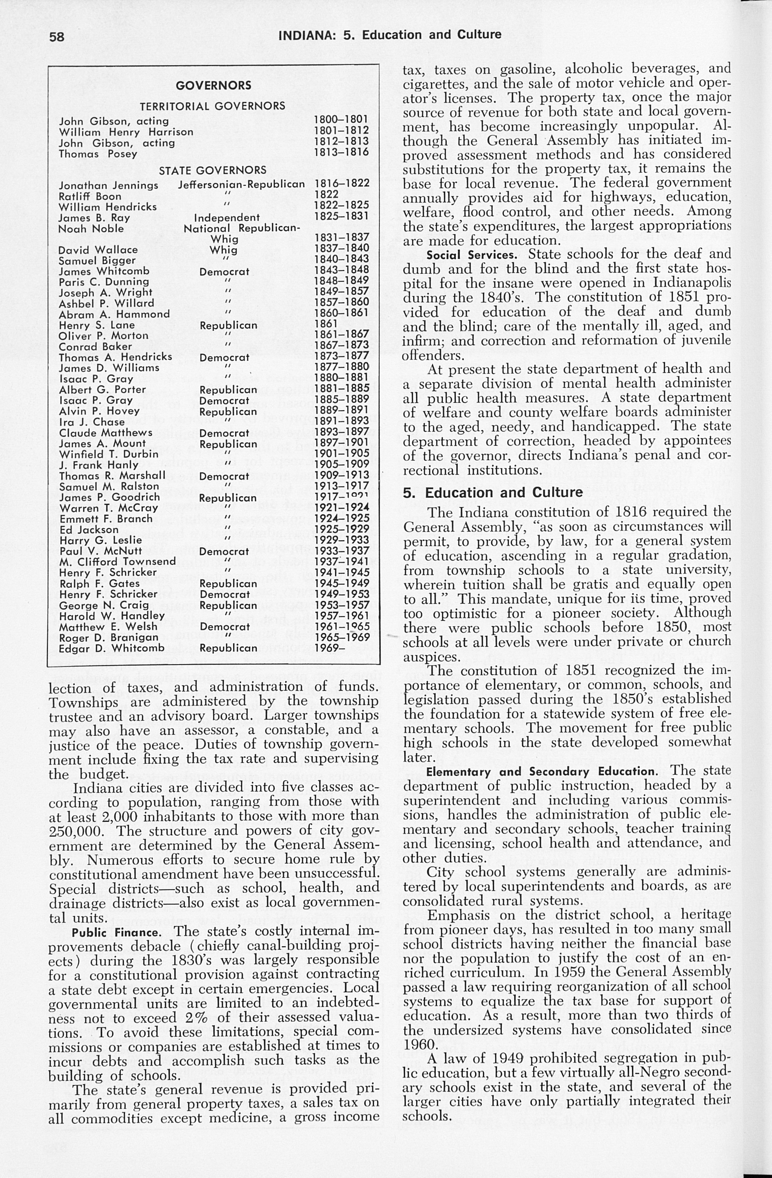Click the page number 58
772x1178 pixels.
(56, 37)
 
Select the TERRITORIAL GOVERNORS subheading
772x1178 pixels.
(212, 106)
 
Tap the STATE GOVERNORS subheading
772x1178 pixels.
(212, 170)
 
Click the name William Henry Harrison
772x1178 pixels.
(126, 132)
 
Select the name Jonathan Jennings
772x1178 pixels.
(109, 185)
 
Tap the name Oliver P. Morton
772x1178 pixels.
(103, 336)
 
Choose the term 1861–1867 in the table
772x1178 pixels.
(341, 334)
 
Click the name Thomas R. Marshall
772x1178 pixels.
(112, 476)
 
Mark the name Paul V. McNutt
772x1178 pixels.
(100, 551)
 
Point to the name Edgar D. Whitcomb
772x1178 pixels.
(111, 648)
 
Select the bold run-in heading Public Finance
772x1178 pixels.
(117, 933)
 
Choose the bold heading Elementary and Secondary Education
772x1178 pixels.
(540, 772)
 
